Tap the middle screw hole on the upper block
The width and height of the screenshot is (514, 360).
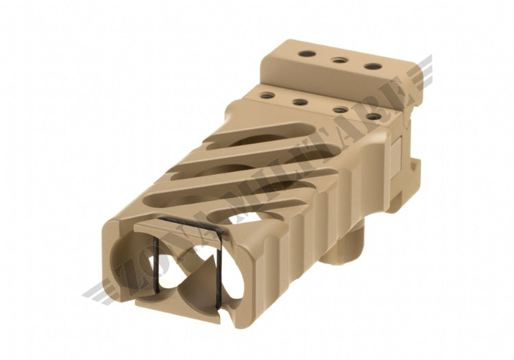coord(337,60)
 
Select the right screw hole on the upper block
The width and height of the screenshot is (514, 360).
coord(372,67)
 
